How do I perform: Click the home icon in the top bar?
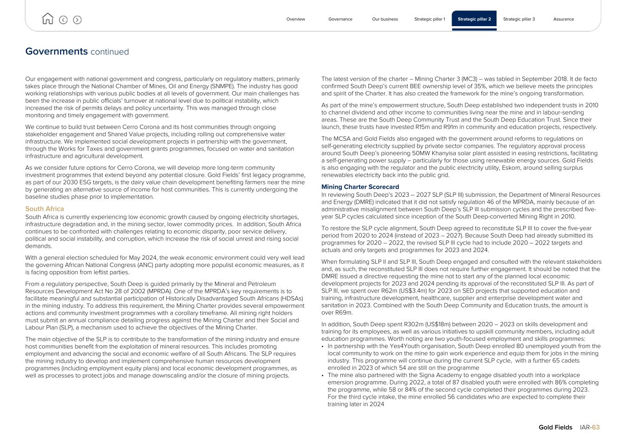pos(47,19)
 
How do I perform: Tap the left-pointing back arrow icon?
pos(63,20)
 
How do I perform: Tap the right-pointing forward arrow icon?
pos(77,20)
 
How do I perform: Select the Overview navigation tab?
pos(295,19)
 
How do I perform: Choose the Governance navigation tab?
pos(340,19)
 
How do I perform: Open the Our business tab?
pos(385,19)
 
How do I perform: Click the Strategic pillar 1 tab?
pos(429,19)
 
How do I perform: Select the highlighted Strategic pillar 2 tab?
pos(474,19)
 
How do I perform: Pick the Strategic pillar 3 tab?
pos(519,19)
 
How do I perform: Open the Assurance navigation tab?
pos(563,19)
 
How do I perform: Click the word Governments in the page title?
pos(56,51)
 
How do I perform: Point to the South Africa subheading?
pos(45,209)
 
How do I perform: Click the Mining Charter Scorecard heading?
pos(360,187)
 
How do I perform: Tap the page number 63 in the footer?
pos(596,427)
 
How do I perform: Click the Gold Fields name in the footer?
pos(555,427)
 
